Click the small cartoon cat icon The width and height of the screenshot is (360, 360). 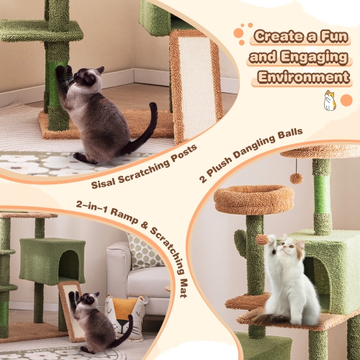pyautogui.click(x=329, y=100)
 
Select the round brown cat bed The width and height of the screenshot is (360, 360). pyautogui.click(x=254, y=197)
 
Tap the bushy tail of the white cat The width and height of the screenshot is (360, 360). pyautogui.click(x=266, y=318)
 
